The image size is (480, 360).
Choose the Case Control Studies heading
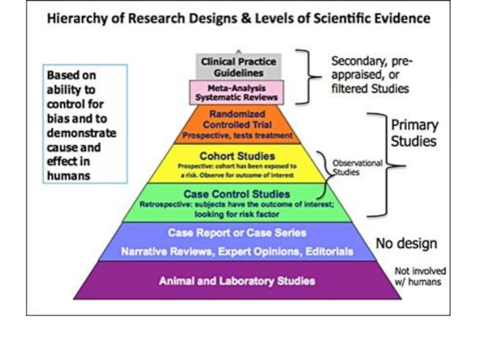(236, 194)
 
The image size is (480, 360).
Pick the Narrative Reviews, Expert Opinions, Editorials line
(237, 252)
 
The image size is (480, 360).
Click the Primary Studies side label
(415, 134)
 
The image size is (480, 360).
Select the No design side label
(406, 244)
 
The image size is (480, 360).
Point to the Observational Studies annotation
(358, 167)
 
